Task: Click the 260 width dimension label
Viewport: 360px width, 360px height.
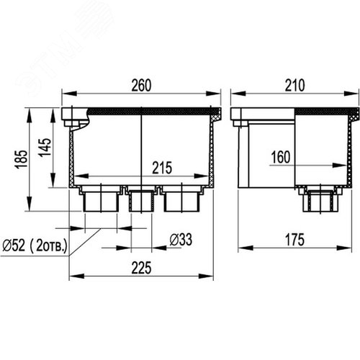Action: (141, 85)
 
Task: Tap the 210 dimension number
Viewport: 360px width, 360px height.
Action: (295, 85)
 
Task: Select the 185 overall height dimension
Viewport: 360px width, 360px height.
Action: (21, 160)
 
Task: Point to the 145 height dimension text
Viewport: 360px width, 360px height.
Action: (45, 148)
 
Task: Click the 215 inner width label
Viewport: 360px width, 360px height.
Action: (162, 168)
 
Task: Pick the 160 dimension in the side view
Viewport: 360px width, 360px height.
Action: (281, 157)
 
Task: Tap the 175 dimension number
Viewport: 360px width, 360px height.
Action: (294, 240)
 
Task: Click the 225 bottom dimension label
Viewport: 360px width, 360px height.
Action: (141, 268)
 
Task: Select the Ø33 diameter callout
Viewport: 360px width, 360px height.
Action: (181, 240)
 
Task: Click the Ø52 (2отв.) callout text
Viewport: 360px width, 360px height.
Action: (35, 246)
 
